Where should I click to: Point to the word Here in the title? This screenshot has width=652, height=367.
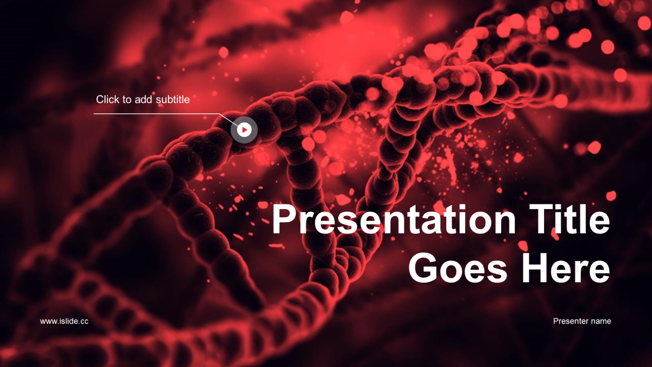pos(566,268)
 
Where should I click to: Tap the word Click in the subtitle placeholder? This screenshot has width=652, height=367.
pos(107,99)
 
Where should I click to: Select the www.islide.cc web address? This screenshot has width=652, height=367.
pos(64,321)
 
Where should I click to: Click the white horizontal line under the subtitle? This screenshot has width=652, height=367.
pos(156,114)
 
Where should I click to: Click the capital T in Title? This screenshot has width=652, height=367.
pos(541,219)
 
